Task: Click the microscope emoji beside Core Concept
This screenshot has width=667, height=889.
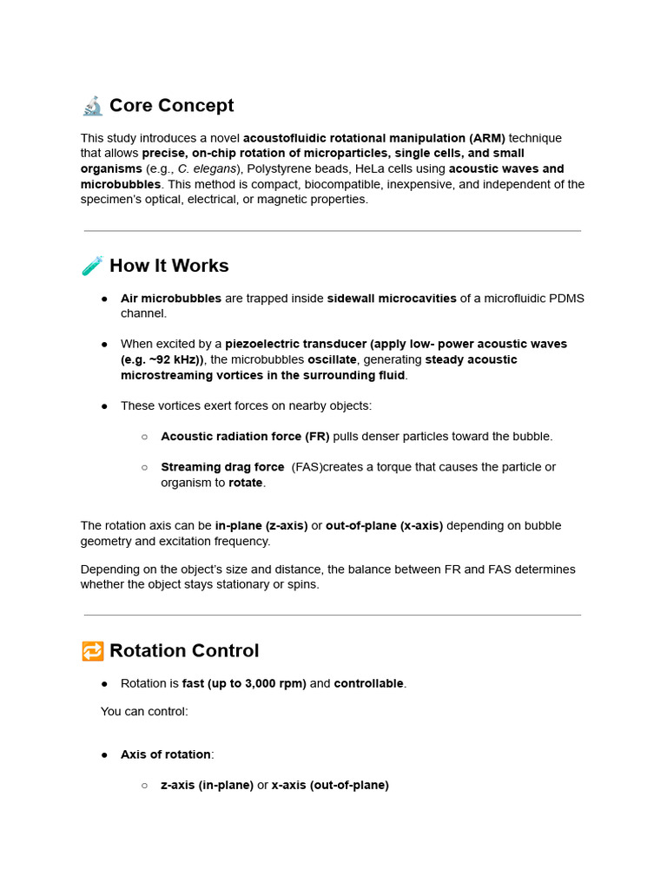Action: (92, 106)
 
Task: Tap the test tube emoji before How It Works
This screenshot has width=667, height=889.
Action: (92, 266)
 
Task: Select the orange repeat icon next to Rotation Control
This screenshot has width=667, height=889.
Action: (92, 651)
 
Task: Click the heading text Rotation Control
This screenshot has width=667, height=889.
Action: (184, 651)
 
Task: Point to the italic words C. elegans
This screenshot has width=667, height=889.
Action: (208, 169)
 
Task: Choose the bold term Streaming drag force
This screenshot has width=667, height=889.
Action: (222, 467)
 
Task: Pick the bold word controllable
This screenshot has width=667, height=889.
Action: (368, 684)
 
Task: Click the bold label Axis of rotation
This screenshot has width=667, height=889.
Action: (165, 755)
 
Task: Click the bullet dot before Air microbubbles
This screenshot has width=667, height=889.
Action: (104, 299)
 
